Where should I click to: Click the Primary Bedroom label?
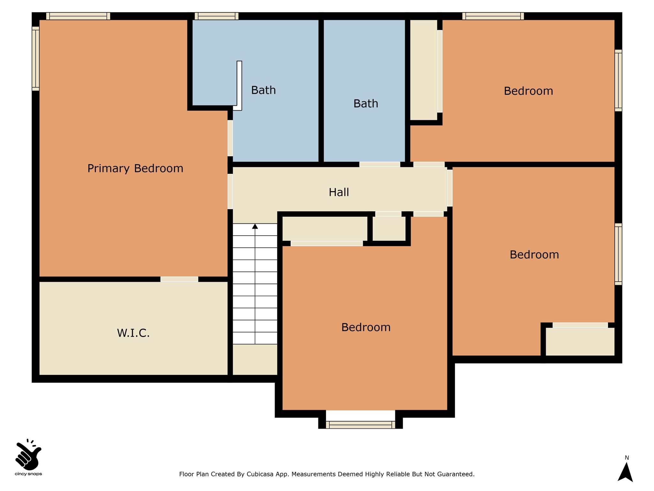pyautogui.click(x=135, y=168)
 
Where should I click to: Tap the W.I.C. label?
pyautogui.click(x=133, y=333)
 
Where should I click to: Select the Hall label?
pyautogui.click(x=339, y=192)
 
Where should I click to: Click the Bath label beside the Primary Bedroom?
pyautogui.click(x=263, y=90)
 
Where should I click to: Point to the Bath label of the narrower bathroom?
pyautogui.click(x=366, y=104)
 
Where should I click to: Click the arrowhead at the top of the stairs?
pyautogui.click(x=255, y=226)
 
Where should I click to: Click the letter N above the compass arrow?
pyautogui.click(x=627, y=458)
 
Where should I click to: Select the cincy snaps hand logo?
pyautogui.click(x=28, y=454)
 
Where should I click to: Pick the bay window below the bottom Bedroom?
pyautogui.click(x=361, y=425)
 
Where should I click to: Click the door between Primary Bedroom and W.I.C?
pyautogui.click(x=179, y=279)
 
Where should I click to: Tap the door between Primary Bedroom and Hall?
pyautogui.click(x=230, y=191)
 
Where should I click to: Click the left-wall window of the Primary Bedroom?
pyautogui.click(x=35, y=58)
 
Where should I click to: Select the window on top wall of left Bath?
pyautogui.click(x=217, y=16)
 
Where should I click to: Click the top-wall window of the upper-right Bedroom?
pyautogui.click(x=493, y=16)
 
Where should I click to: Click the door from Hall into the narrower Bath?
pyautogui.click(x=380, y=164)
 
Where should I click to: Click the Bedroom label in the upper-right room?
pyautogui.click(x=529, y=91)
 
